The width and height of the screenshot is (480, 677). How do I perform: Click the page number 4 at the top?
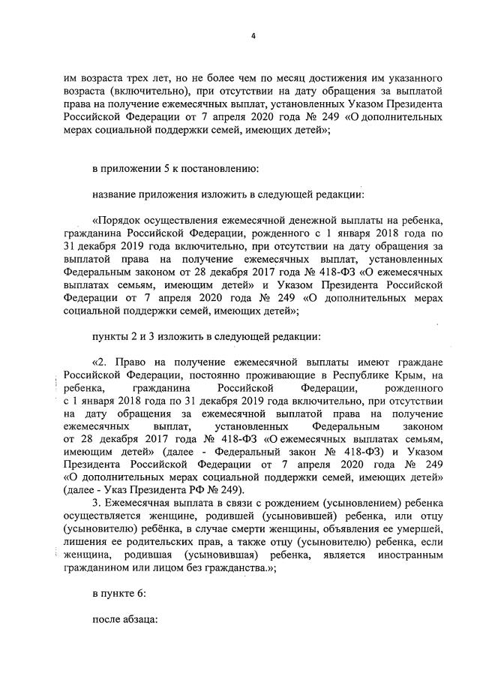[x=253, y=33]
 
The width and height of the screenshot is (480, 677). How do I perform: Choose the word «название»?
[x=115, y=195]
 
